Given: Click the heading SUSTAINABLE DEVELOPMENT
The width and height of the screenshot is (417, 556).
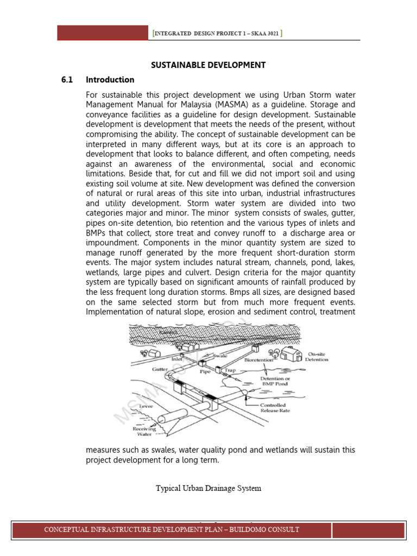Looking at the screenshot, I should tap(208, 65).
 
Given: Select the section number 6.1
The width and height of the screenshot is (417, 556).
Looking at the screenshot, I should tap(67, 80).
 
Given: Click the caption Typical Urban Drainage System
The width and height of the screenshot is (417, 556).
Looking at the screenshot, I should tap(208, 488).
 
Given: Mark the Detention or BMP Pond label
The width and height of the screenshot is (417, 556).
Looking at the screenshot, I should tap(275, 381).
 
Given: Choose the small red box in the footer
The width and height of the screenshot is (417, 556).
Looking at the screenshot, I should tap(368, 530).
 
